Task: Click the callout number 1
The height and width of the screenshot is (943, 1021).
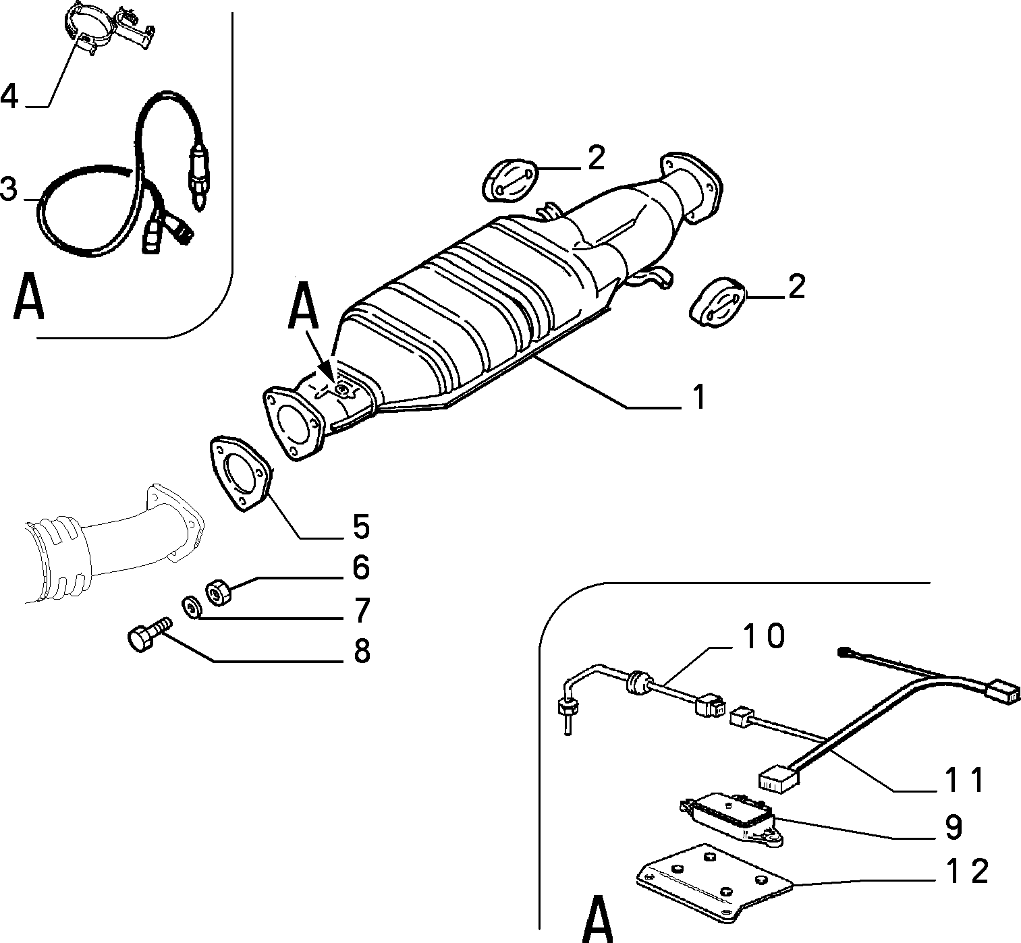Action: point(699,397)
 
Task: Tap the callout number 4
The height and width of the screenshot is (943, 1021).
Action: point(9,96)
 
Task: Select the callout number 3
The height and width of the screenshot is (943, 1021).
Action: point(8,189)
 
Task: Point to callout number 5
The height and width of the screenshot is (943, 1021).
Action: point(361,527)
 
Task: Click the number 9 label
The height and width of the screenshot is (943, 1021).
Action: point(954,828)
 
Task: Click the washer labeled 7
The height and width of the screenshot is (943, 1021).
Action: point(193,608)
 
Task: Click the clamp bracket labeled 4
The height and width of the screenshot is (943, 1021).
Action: point(109,27)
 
